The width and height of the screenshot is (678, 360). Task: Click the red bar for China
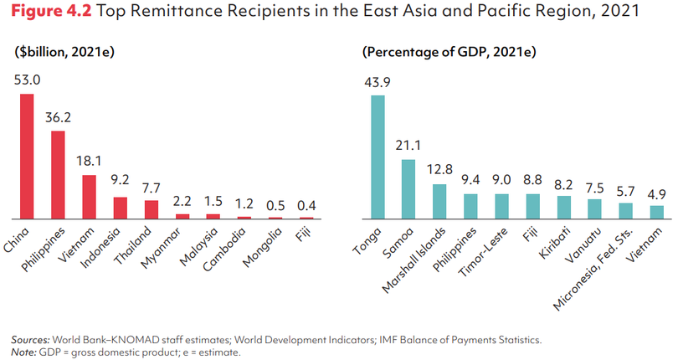tap(28, 156)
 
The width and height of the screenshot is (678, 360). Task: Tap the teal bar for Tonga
tap(378, 156)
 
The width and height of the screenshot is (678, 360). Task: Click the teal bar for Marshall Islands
tap(439, 201)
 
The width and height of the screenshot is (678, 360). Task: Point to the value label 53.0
tap(27, 81)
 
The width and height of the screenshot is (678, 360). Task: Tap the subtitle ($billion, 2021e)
tap(64, 52)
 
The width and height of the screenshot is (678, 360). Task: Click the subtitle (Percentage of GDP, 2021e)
tap(449, 52)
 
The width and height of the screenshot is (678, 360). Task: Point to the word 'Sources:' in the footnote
tap(29, 340)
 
